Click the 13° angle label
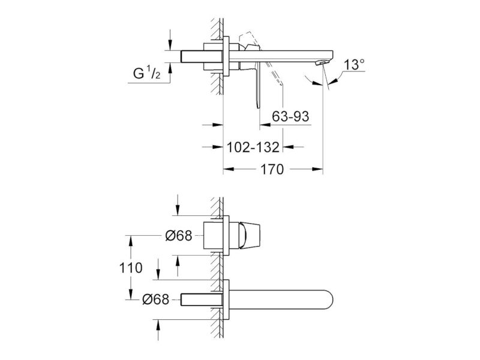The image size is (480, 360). tap(354, 65)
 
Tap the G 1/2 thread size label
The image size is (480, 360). tap(146, 74)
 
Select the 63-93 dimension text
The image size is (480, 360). tap(290, 116)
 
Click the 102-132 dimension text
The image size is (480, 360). tap(253, 147)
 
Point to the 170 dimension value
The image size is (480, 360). tap(272, 169)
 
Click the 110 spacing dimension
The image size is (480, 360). tap(131, 268)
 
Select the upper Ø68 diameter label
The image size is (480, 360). tap(179, 236)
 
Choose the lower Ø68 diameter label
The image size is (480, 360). tap(156, 299)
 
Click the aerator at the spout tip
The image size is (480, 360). tap(322, 63)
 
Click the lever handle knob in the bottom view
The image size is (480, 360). tap(250, 235)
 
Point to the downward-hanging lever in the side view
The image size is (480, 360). tap(257, 85)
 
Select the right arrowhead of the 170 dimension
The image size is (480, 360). tap(318, 169)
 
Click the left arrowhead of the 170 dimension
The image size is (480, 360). tap(229, 169)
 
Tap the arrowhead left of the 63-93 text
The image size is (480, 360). tap(265, 125)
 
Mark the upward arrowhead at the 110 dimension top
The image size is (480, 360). tap(131, 241)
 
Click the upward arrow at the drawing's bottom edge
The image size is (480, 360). tap(158, 325)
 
